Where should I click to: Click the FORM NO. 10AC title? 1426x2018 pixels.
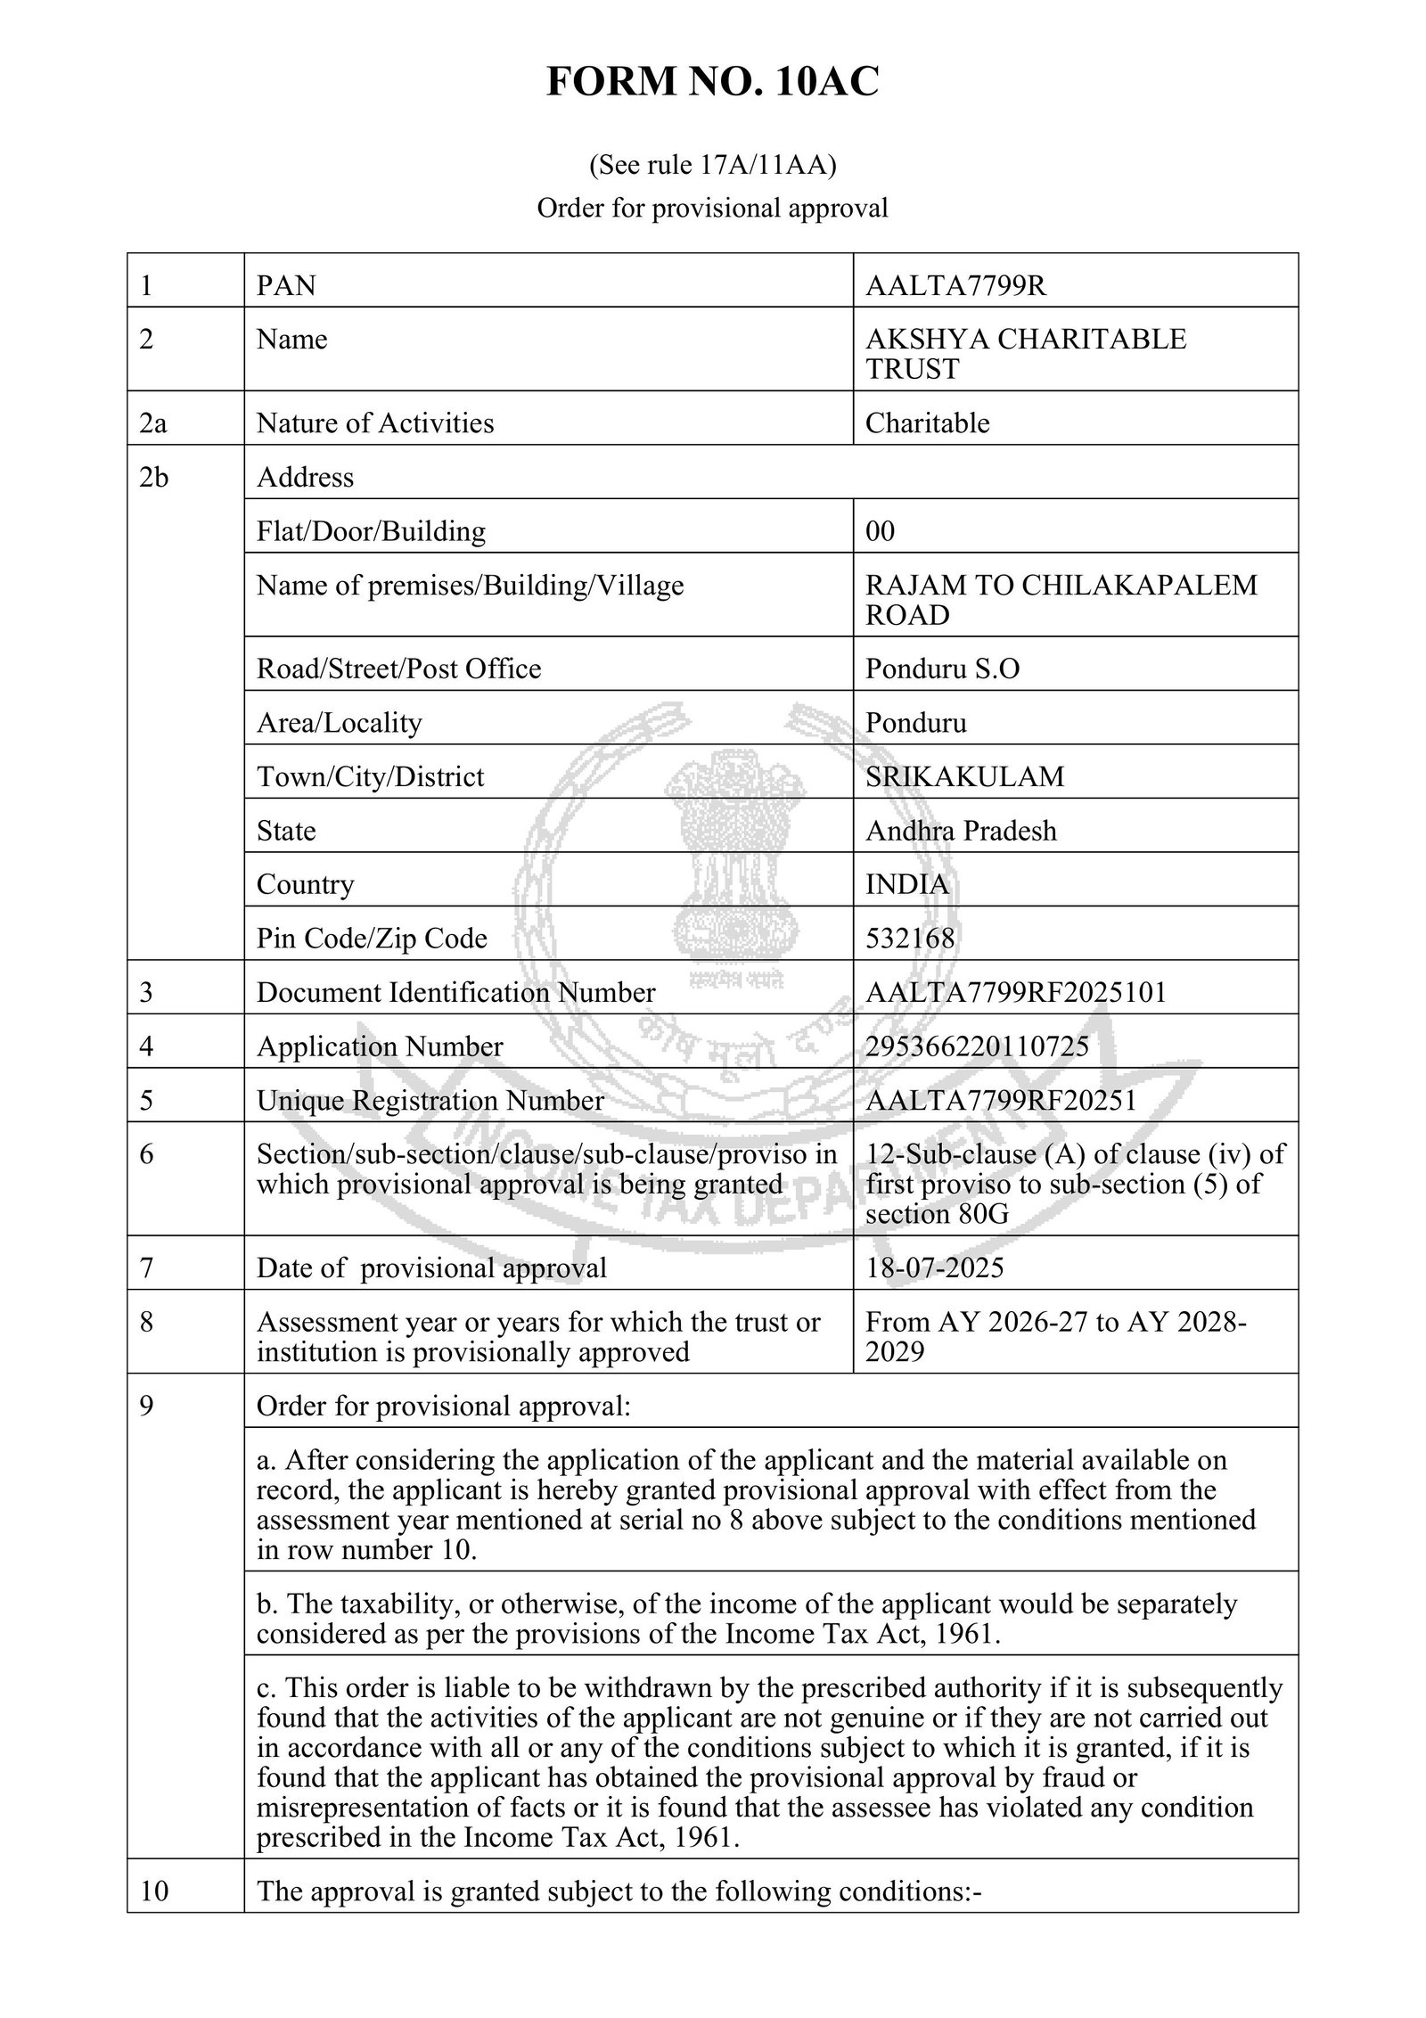(712, 83)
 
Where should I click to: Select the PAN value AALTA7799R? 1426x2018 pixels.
(955, 285)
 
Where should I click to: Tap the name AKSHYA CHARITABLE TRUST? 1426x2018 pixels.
(1025, 354)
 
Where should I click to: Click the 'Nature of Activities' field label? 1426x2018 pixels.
(375, 422)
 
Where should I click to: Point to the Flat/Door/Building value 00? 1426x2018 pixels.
(880, 531)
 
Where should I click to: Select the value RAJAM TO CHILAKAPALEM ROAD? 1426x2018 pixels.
(1061, 600)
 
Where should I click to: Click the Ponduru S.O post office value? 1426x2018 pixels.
(942, 669)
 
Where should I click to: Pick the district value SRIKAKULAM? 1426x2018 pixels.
(964, 776)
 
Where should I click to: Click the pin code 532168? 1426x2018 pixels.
(910, 938)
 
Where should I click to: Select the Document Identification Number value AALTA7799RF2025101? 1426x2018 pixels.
(1015, 992)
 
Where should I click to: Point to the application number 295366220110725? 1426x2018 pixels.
(977, 1046)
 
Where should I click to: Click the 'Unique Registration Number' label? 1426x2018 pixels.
(430, 1101)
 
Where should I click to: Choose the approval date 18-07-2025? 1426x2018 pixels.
(934, 1267)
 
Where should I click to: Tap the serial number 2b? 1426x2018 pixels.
(153, 478)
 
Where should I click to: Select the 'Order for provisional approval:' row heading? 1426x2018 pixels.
(444, 1406)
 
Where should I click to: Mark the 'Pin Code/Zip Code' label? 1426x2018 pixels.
(372, 938)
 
